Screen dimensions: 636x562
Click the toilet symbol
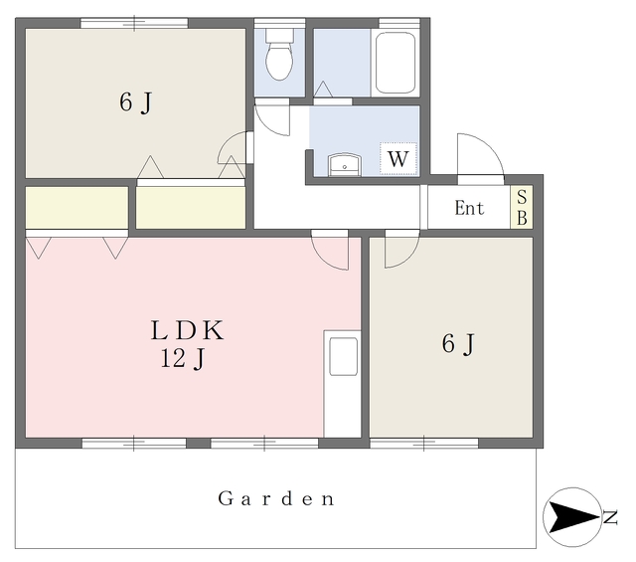click(279, 54)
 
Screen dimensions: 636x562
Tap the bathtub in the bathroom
click(396, 63)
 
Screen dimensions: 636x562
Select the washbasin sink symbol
click(345, 164)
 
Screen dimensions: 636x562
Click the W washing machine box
click(398, 159)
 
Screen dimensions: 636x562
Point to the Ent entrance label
click(469, 208)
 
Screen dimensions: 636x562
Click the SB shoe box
click(522, 207)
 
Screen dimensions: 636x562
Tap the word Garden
click(276, 498)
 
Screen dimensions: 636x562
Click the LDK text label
click(187, 330)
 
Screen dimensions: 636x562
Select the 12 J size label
click(183, 359)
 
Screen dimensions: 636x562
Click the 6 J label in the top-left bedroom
click(136, 102)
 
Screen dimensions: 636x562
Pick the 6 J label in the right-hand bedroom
click(458, 344)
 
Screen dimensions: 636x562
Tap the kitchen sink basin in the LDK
click(343, 356)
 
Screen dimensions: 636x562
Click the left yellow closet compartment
click(78, 208)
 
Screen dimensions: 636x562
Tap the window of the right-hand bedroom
click(424, 443)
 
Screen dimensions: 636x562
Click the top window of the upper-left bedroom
click(134, 23)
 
